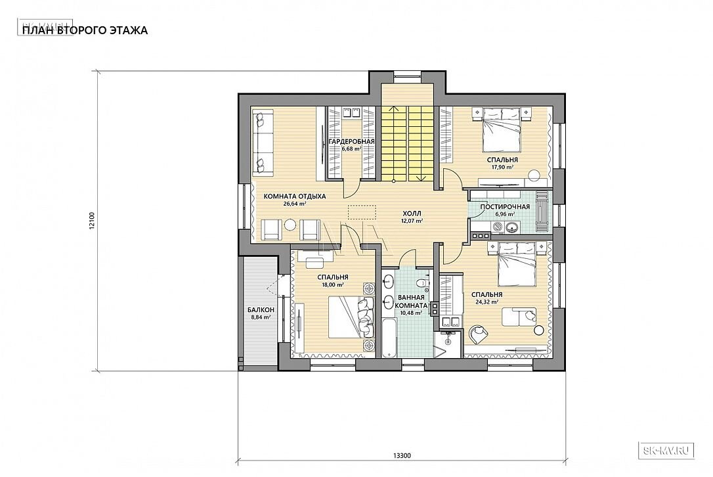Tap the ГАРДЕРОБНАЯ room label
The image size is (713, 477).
pyautogui.click(x=351, y=141)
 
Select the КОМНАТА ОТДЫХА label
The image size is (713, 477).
pyautogui.click(x=295, y=196)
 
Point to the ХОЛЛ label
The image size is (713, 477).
pyautogui.click(x=412, y=213)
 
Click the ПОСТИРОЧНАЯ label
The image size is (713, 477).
pyautogui.click(x=505, y=207)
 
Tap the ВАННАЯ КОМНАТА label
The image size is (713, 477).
pyautogui.click(x=411, y=302)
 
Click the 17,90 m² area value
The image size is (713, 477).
pyautogui.click(x=502, y=168)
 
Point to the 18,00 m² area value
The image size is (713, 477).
pyautogui.click(x=333, y=284)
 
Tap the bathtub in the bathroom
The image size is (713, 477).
pyautogui.click(x=388, y=338)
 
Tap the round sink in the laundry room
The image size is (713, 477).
pyautogui.click(x=513, y=226)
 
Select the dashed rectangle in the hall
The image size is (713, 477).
pyautogui.click(x=362, y=212)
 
